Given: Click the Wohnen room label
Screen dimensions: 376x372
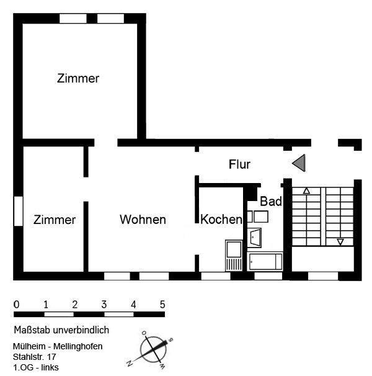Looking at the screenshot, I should [x=143, y=220].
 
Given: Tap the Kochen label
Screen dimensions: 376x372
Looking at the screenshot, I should [x=221, y=220].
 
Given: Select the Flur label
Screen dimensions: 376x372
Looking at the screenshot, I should [x=239, y=164].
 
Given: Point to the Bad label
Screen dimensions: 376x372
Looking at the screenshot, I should [x=271, y=202].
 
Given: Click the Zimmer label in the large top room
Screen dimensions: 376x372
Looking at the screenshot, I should [x=78, y=79].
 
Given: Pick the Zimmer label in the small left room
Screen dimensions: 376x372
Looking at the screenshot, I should [x=55, y=220].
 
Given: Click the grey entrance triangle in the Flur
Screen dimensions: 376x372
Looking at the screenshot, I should [x=299, y=163].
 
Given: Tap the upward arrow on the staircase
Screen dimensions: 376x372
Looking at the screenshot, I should [x=306, y=191].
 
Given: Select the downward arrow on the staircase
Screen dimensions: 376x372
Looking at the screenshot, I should [x=340, y=241].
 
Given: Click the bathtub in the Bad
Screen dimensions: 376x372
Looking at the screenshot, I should [x=265, y=261].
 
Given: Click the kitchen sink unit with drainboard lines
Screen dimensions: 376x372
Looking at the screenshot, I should [x=234, y=255].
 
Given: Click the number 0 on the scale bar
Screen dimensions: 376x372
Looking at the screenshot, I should [x=16, y=305].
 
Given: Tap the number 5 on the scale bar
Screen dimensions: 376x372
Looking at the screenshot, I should [x=162, y=305].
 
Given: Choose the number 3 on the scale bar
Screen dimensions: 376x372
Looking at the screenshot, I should [x=104, y=305].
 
